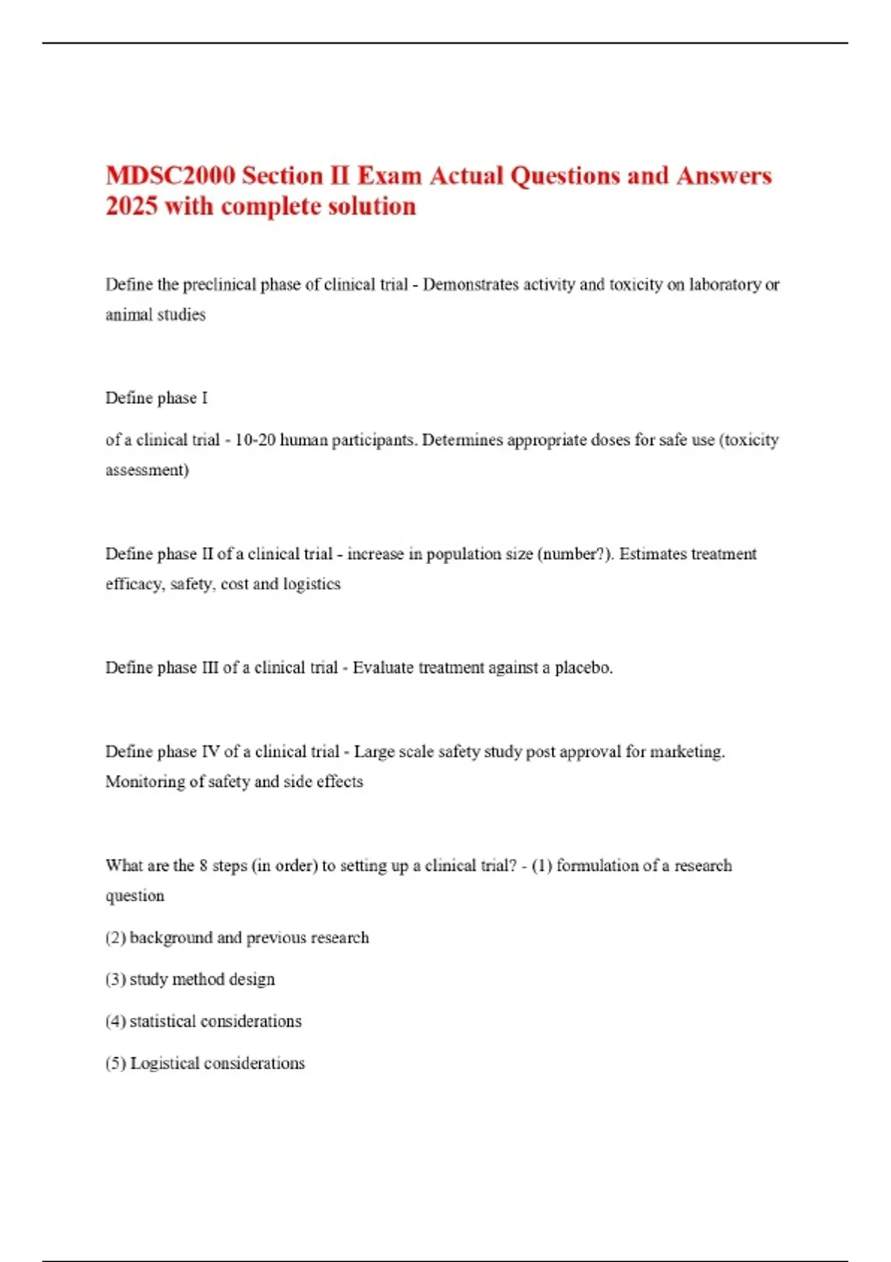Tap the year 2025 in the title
pyautogui.click(x=131, y=206)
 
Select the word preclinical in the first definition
pyautogui.click(x=220, y=284)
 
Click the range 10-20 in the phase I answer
pyautogui.click(x=255, y=440)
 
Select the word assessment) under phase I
pyautogui.click(x=147, y=471)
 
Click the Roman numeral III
pyautogui.click(x=209, y=668)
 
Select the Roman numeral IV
pyautogui.click(x=210, y=752)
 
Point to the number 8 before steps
pyautogui.click(x=203, y=866)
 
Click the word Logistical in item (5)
pyautogui.click(x=164, y=1064)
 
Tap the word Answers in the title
pyautogui.click(x=724, y=176)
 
